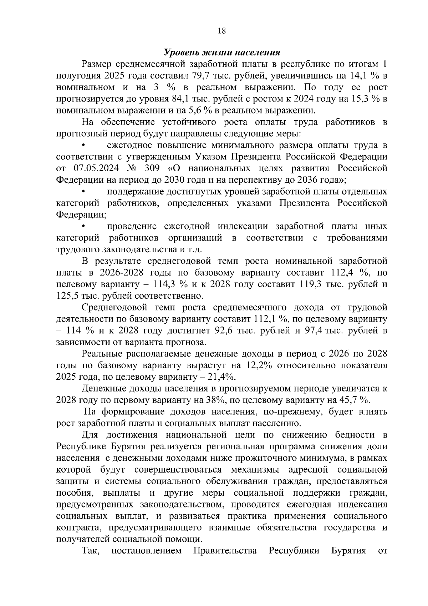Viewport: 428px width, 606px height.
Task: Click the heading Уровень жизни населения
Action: tap(221, 52)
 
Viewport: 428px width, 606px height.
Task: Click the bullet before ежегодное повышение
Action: tap(83, 146)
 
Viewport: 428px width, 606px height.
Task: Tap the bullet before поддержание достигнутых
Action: tap(83, 192)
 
